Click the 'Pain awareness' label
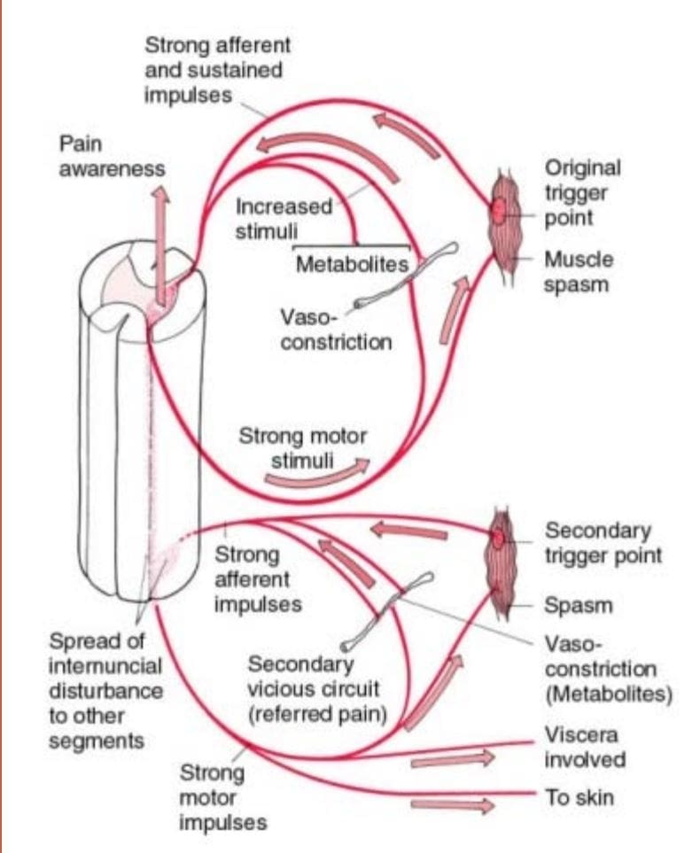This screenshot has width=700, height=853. (112, 156)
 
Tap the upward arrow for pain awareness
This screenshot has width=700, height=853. (160, 244)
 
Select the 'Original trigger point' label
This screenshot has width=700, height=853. (583, 193)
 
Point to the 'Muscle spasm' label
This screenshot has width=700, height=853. (579, 272)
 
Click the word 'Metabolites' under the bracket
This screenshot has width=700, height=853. (352, 264)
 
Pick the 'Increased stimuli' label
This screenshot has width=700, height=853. (284, 219)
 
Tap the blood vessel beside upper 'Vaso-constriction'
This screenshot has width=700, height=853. (406, 276)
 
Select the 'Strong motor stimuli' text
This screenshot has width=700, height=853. (303, 448)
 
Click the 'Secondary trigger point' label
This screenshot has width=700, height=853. (603, 543)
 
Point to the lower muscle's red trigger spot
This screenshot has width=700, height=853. (498, 538)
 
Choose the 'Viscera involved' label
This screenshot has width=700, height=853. (585, 747)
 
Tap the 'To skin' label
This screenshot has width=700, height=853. (579, 797)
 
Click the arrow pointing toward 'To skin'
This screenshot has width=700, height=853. (452, 805)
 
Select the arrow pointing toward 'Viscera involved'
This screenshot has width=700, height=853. (452, 759)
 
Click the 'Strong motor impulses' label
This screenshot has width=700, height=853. (223, 797)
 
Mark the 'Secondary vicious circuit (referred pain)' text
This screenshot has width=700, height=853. (317, 689)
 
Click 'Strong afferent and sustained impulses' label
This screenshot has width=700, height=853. (218, 70)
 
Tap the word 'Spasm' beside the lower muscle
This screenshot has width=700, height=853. (579, 605)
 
